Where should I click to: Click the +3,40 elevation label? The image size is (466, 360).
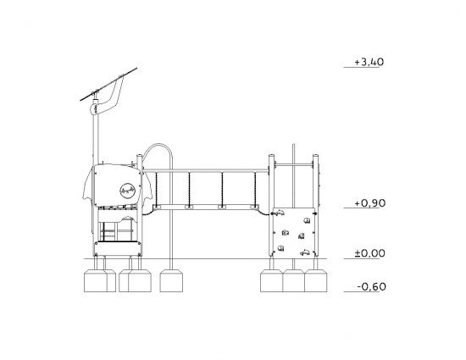[369, 62]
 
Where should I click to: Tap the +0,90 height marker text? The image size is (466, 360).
[369, 203]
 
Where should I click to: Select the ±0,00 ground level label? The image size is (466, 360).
[369, 253]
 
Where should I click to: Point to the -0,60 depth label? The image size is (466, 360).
[371, 286]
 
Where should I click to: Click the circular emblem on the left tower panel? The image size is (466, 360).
[127, 190]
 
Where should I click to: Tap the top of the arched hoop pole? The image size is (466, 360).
[158, 145]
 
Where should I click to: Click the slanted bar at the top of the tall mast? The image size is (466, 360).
[108, 85]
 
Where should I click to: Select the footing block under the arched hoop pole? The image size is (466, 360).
[171, 280]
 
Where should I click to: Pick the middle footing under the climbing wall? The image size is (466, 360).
[293, 280]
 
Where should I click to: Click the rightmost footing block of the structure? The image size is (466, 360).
[316, 280]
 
